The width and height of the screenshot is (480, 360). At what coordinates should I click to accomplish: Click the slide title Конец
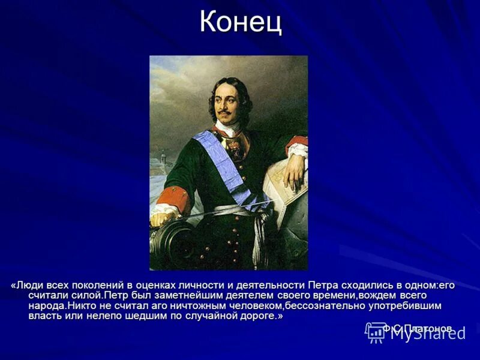click(x=240, y=22)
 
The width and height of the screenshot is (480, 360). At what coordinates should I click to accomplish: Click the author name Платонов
click(x=428, y=328)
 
